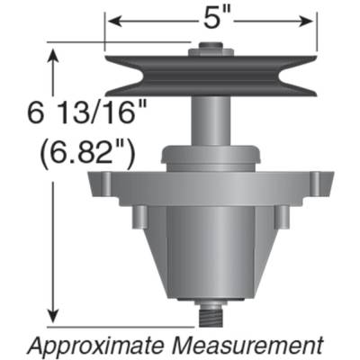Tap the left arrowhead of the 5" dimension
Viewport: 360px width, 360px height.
pos(109,19)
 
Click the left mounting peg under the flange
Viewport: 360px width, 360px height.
pos(140,217)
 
